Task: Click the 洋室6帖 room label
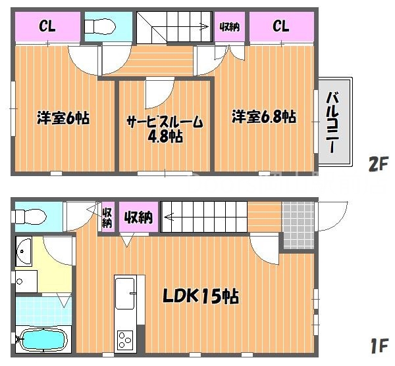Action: (x=63, y=118)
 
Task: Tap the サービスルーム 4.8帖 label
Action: (x=165, y=129)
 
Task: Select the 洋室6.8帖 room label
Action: (x=263, y=118)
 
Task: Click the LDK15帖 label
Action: (x=201, y=296)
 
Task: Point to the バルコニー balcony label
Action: (x=332, y=123)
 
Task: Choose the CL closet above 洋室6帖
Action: (x=47, y=26)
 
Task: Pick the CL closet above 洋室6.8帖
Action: (x=280, y=26)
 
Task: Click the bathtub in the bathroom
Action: (x=41, y=340)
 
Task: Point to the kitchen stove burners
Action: (x=124, y=339)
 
